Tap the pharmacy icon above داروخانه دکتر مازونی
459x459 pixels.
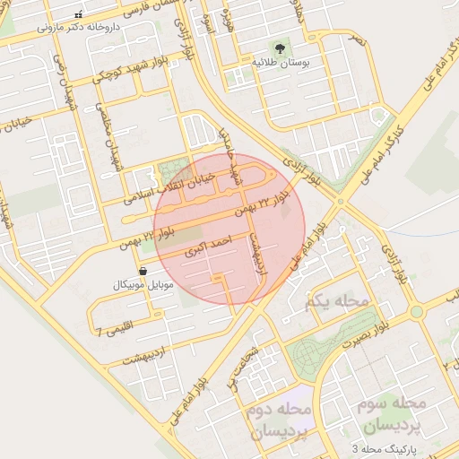click(x=78, y=15)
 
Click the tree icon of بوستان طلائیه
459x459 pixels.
click(x=279, y=47)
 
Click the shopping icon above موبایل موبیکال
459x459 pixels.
click(x=143, y=270)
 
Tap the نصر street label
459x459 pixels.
click(x=358, y=42)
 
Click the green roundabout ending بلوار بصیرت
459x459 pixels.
click(x=416, y=312)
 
